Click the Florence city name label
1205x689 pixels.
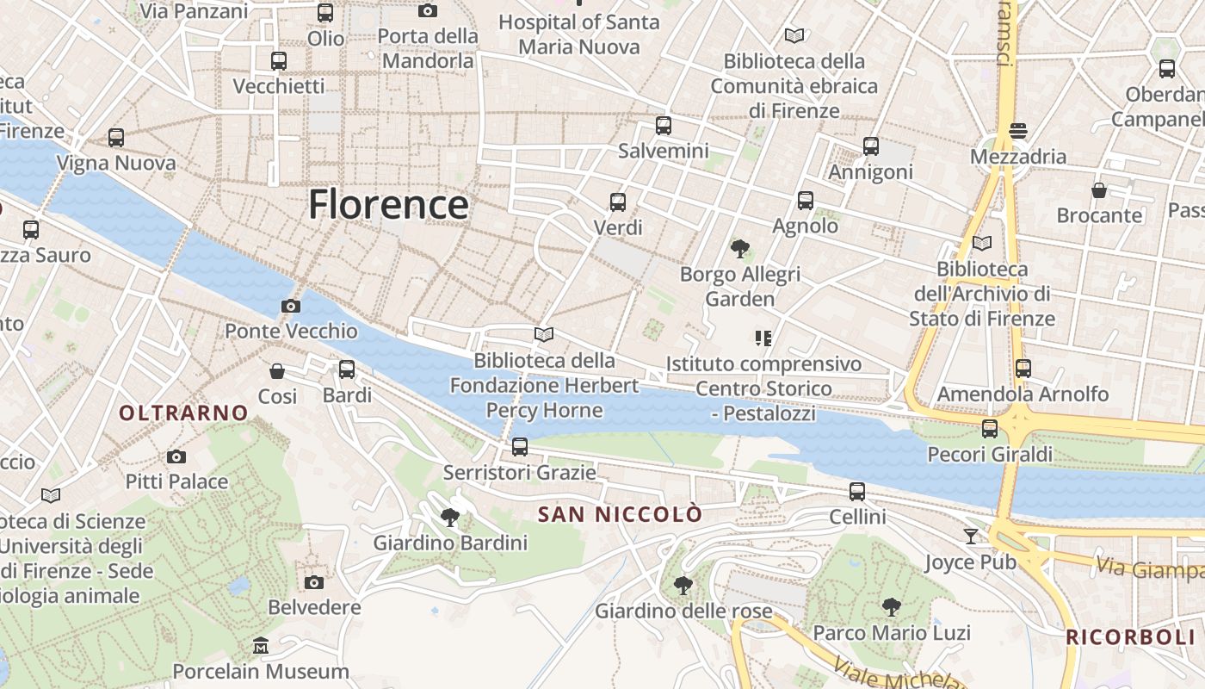[388, 205]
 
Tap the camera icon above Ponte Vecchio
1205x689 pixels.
[291, 306]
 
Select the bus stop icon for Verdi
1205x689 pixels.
[618, 202]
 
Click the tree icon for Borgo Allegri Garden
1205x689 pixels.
[739, 250]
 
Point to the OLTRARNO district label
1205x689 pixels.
[183, 413]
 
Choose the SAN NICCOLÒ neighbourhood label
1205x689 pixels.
[620, 515]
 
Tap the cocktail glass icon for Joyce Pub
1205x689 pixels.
[971, 537]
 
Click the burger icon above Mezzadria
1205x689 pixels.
[1018, 131]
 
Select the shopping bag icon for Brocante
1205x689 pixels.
[1099, 190]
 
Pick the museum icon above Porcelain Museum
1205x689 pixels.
[261, 646]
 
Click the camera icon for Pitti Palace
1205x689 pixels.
[176, 456]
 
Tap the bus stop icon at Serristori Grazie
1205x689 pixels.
[519, 447]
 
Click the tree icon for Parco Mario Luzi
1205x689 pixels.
[891, 607]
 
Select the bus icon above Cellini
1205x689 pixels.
[857, 492]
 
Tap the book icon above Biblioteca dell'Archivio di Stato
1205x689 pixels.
[981, 244]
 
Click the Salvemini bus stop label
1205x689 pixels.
[663, 152]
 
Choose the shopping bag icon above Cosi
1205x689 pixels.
[277, 371]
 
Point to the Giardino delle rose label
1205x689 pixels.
[683, 611]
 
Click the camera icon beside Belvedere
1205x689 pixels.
[314, 582]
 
